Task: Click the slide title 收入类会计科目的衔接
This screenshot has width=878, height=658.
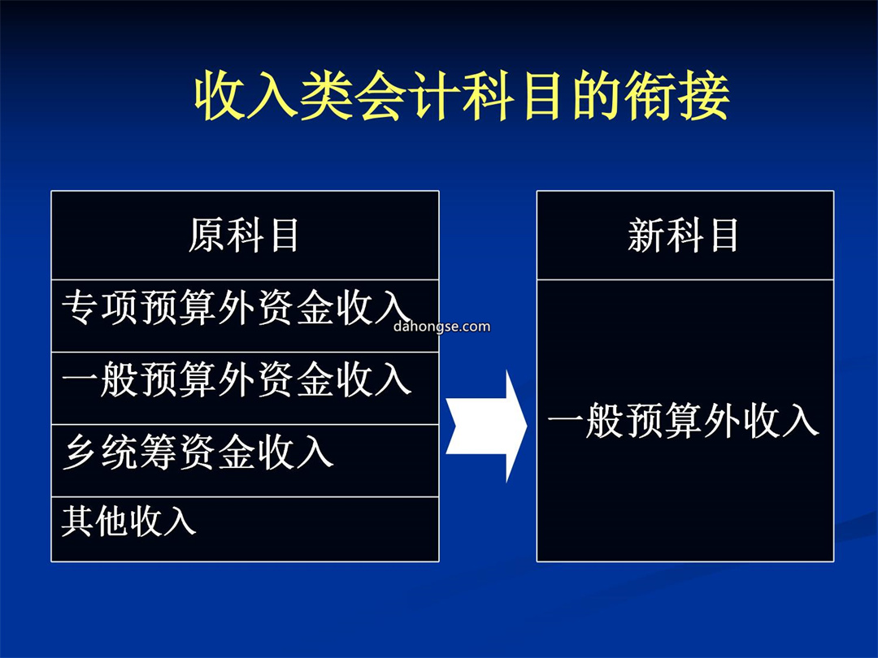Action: [462, 95]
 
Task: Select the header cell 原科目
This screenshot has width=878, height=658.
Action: [245, 235]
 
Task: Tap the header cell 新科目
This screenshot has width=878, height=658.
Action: [685, 235]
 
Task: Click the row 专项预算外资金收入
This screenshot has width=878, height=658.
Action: [245, 315]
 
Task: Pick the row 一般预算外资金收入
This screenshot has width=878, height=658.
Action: [245, 387]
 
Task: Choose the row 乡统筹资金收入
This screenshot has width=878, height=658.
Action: [245, 460]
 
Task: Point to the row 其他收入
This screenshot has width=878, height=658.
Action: [245, 529]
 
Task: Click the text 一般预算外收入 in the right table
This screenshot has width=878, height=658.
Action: [683, 421]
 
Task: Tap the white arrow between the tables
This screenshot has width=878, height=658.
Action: [486, 426]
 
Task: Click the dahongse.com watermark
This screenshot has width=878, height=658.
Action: [441, 327]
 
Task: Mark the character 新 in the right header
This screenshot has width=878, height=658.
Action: [646, 235]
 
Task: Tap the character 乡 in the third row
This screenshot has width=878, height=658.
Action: [80, 452]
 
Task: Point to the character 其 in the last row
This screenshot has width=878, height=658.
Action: [77, 521]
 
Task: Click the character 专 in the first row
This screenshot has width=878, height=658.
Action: [80, 307]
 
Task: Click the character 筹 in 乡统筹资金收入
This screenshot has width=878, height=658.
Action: [159, 452]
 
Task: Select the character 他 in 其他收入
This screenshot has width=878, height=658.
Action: [111, 521]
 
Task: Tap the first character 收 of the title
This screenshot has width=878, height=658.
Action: [220, 95]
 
